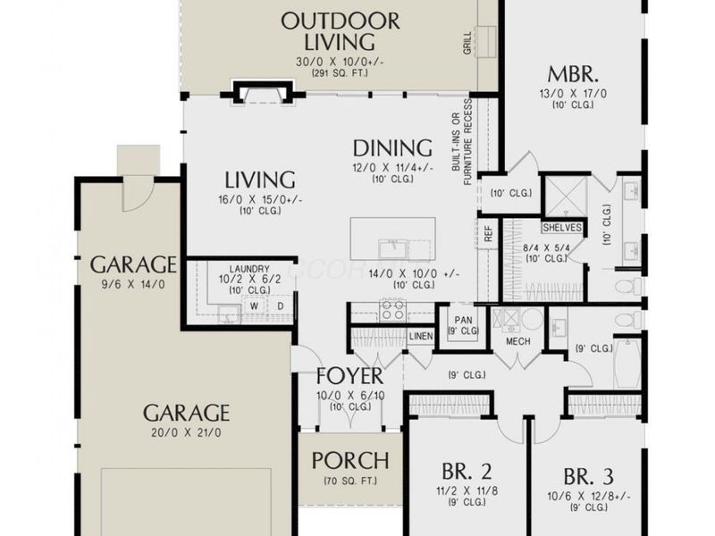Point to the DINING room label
click(392, 147)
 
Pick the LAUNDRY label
click(248, 268)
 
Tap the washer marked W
click(253, 306)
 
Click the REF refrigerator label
click(489, 235)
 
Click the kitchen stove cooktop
click(393, 310)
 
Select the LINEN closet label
click(421, 336)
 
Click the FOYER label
click(349, 376)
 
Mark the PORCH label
click(349, 461)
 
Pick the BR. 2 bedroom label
click(467, 470)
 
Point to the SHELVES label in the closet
click(561, 228)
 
